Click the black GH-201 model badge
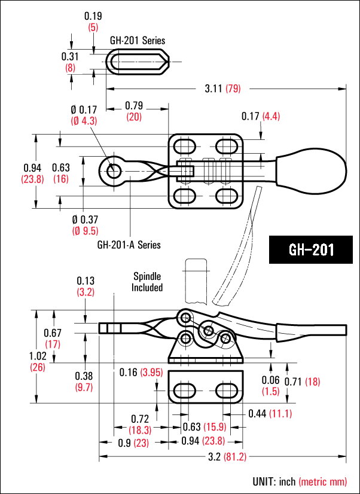tap(311, 249)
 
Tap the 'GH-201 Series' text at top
tap(138, 41)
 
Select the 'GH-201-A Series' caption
tap(129, 245)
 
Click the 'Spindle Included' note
tap(148, 282)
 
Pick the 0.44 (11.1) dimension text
tap(270, 413)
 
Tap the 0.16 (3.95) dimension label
tap(141, 373)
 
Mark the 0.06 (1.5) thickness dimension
tap(270, 385)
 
